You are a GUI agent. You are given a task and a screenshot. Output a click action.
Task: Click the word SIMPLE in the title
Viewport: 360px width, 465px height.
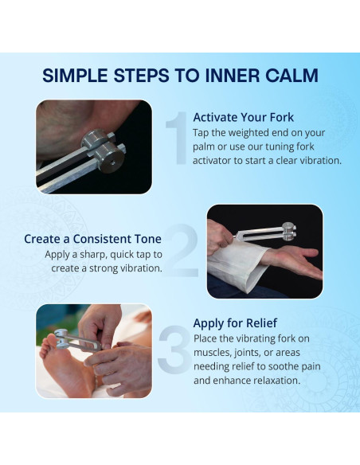[75, 76]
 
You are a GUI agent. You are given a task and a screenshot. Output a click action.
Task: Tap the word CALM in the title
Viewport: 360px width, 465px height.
[292, 76]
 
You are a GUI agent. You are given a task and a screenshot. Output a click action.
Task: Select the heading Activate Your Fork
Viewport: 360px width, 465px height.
[243, 117]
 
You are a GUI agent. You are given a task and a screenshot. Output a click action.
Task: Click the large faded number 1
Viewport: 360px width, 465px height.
[177, 138]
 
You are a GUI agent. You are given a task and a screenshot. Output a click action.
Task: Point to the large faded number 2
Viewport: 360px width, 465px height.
[181, 251]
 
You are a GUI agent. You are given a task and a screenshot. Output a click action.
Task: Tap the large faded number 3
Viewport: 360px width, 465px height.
[174, 349]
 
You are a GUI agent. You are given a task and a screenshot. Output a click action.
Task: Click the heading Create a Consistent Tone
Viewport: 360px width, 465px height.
[93, 239]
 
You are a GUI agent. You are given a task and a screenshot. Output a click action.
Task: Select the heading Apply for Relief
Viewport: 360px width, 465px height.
[235, 323]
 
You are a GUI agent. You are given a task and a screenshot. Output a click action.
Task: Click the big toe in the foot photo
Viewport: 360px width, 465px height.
[50, 340]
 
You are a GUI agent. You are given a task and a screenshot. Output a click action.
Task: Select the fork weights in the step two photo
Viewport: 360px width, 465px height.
[289, 232]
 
